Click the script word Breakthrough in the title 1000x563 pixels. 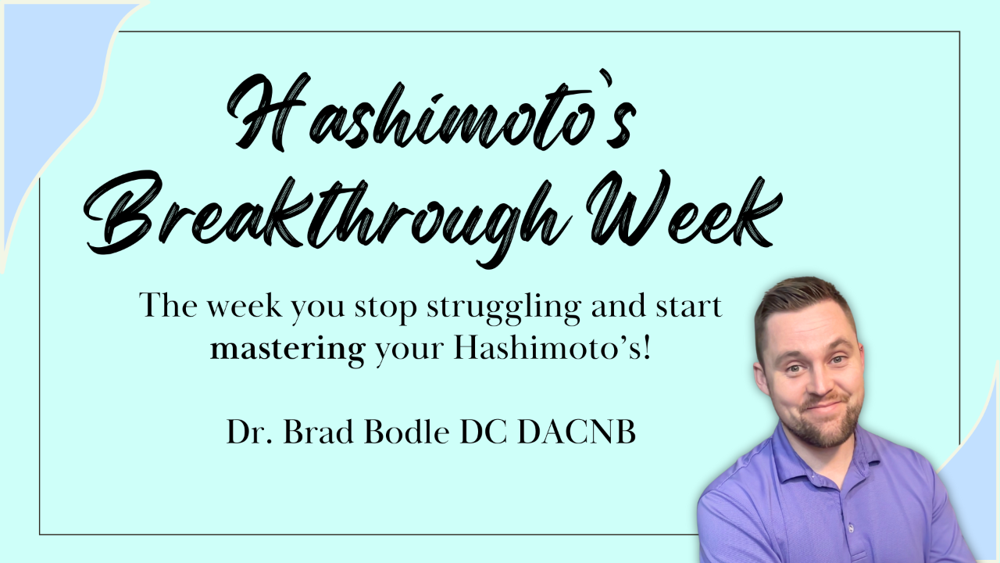pyautogui.click(x=326, y=214)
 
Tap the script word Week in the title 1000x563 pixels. pyautogui.click(x=684, y=210)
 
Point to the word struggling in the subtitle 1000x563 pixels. pyautogui.click(x=504, y=308)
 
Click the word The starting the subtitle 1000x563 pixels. pyautogui.click(x=168, y=305)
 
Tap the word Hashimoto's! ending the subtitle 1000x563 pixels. pyautogui.click(x=552, y=348)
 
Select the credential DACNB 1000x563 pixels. pyautogui.click(x=577, y=432)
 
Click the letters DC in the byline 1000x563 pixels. pyautogui.click(x=483, y=432)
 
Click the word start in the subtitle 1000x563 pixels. pyautogui.click(x=688, y=307)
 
